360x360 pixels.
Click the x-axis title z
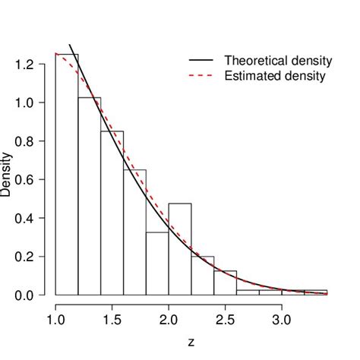pyautogui.click(x=191, y=343)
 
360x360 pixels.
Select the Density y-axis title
pyautogui.click(x=6, y=175)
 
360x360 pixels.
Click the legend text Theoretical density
pyautogui.click(x=278, y=60)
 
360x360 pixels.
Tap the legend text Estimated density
pyautogui.click(x=275, y=76)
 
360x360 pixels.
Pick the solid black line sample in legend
pyautogui.click(x=202, y=60)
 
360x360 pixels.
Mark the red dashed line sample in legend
pyautogui.click(x=202, y=76)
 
